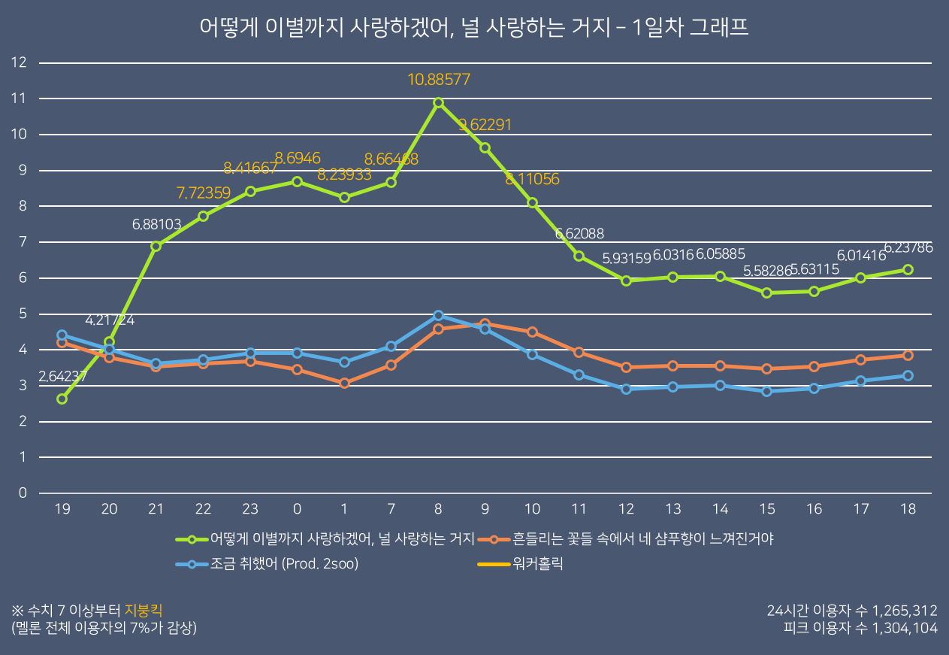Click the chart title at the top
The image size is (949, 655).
(474, 28)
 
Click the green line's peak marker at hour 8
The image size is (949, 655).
(439, 102)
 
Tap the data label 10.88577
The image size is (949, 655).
(439, 79)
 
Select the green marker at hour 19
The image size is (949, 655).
(62, 399)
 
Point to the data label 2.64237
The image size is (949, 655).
(62, 377)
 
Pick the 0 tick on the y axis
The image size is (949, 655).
(23, 493)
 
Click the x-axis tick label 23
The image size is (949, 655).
(250, 510)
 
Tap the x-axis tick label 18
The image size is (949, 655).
(908, 510)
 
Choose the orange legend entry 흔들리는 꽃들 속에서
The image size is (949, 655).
(643, 538)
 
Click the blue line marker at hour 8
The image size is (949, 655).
(439, 315)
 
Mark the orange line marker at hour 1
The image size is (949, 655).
(344, 383)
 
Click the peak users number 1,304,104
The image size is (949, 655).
(905, 628)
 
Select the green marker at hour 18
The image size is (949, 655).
(908, 269)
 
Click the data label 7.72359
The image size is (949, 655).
(203, 193)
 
